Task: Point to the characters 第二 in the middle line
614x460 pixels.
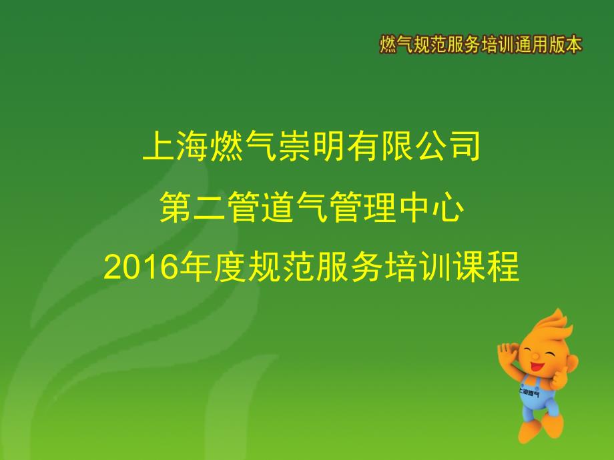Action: pyautogui.click(x=193, y=207)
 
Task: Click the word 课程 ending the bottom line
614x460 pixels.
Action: pyautogui.click(x=487, y=267)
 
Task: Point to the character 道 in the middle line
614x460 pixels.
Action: pyautogui.click(x=278, y=207)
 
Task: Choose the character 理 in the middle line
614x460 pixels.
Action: pyautogui.click(x=380, y=207)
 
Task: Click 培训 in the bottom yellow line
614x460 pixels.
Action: pyautogui.click(x=418, y=267)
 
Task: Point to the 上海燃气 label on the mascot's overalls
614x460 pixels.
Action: pyautogui.click(x=529, y=391)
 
